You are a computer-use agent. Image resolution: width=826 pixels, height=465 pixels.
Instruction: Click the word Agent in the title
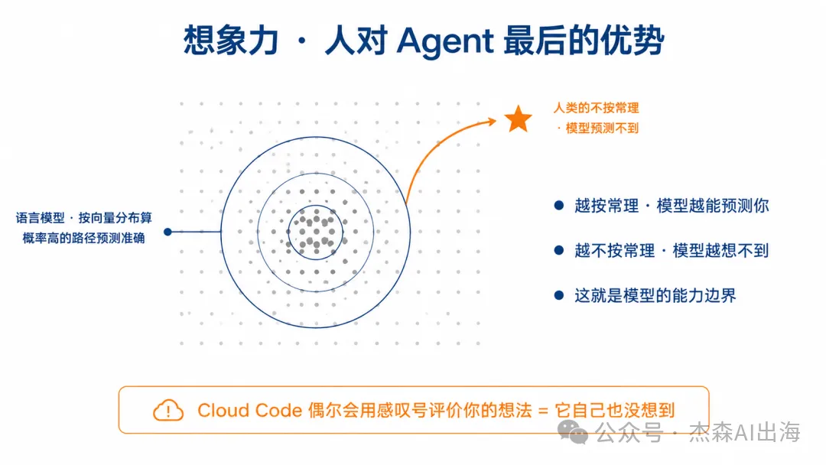point(445,41)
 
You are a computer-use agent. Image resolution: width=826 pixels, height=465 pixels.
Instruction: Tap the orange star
point(518,119)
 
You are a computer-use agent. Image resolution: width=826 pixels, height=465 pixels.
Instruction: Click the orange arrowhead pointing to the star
point(491,122)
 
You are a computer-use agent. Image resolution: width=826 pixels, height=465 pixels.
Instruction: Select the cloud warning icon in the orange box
point(168,410)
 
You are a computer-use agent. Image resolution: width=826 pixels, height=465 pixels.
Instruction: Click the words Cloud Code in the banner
point(249,410)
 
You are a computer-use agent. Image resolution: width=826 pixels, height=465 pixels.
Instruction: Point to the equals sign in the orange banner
point(543,411)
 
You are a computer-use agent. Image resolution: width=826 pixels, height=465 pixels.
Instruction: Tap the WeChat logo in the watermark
point(573,432)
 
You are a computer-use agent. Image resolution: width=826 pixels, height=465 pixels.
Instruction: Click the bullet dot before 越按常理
point(559,206)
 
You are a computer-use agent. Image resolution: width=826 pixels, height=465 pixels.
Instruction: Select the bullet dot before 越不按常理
point(559,250)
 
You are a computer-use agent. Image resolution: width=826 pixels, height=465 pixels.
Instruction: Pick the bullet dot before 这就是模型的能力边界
point(559,295)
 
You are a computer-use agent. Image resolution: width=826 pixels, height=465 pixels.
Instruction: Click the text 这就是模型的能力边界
point(655,295)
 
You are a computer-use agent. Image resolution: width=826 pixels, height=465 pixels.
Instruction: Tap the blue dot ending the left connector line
point(167,232)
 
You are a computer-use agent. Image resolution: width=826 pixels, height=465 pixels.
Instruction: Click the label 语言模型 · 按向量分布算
point(84,217)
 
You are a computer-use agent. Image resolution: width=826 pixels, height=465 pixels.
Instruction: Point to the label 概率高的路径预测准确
point(84,238)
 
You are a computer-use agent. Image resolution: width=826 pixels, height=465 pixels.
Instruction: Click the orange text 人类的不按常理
point(596,108)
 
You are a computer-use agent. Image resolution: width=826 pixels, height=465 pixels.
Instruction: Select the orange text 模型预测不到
point(602,128)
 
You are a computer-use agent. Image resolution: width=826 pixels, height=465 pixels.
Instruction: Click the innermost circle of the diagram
point(316,206)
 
